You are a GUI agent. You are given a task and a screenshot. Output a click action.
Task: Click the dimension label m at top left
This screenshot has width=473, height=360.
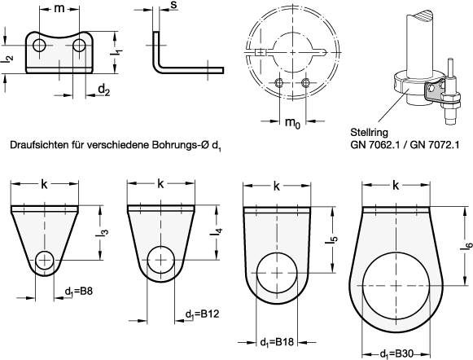[x=59, y=9]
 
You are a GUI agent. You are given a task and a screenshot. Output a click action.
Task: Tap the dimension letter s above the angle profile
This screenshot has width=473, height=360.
[x=173, y=5]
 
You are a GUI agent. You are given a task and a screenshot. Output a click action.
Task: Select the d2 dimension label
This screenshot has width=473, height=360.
[x=104, y=90]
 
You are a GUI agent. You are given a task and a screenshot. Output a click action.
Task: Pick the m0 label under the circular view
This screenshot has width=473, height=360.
[x=292, y=123]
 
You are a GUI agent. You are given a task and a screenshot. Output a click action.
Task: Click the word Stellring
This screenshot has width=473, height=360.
[x=369, y=133]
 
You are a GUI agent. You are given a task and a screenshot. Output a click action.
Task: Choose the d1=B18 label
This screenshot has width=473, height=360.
[x=277, y=343]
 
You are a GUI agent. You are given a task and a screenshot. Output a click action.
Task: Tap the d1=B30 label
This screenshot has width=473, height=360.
[x=396, y=354]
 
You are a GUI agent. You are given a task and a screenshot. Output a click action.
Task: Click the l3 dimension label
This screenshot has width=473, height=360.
[x=103, y=233]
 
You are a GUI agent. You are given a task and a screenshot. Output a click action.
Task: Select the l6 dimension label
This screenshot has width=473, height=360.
[x=466, y=245]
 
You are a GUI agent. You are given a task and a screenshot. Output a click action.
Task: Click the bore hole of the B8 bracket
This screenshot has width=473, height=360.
[x=45, y=260]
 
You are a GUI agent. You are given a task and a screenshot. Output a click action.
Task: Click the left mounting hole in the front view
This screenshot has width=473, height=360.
[x=39, y=46]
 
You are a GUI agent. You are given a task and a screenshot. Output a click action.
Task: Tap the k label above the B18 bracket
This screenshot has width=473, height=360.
[x=276, y=187]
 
